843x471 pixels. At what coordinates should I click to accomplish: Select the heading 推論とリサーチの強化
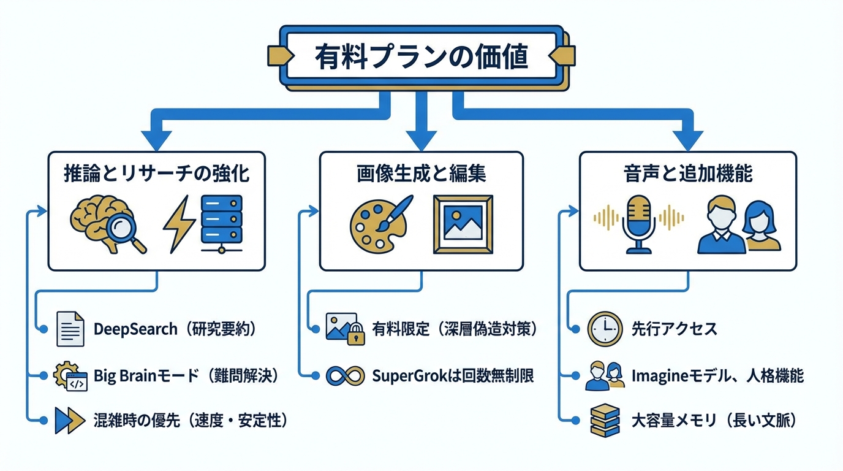click(157, 174)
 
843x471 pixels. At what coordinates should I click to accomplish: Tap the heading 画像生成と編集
click(421, 174)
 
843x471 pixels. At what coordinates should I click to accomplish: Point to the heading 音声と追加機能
click(688, 174)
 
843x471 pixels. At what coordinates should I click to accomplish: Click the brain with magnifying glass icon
click(108, 224)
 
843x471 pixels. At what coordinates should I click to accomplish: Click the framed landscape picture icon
click(463, 224)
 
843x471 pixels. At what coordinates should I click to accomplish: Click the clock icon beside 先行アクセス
click(605, 329)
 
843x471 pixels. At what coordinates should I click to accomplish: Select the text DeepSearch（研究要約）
click(174, 329)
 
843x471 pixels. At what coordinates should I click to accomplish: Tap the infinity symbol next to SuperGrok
click(346, 375)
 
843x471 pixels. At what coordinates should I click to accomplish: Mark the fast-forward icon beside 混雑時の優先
click(70, 420)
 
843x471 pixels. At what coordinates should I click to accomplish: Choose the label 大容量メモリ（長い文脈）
click(713, 421)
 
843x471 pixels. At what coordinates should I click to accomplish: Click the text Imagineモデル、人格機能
click(717, 375)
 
